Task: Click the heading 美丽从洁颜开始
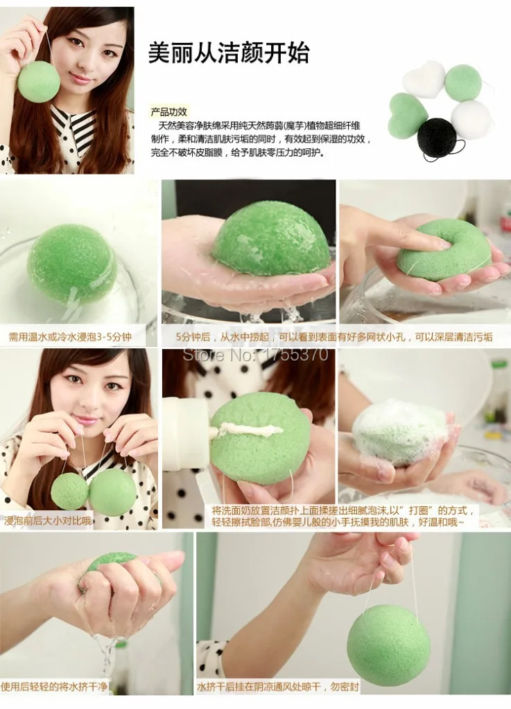click(228, 53)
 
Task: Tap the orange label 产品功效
click(169, 111)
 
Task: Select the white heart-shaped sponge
click(424, 78)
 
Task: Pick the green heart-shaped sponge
click(407, 116)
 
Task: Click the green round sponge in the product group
click(462, 82)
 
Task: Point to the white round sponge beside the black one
click(471, 119)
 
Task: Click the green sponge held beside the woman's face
click(38, 81)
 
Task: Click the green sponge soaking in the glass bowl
click(72, 264)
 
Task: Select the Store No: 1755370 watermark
click(254, 354)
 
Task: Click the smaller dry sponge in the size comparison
click(69, 491)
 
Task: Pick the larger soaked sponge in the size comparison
click(112, 492)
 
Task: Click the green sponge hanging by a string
click(388, 644)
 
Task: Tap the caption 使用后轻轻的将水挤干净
click(55, 687)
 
